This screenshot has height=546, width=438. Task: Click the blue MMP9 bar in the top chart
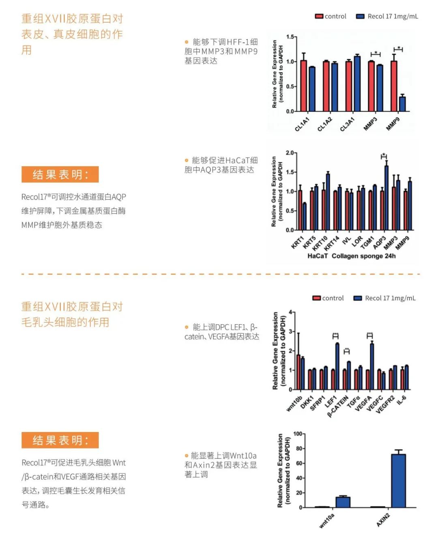click(x=402, y=104)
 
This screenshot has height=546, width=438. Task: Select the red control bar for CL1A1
click(x=303, y=86)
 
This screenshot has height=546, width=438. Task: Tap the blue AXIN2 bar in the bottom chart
click(x=398, y=481)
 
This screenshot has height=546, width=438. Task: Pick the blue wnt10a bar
click(x=343, y=502)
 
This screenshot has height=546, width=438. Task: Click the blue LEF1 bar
click(x=337, y=366)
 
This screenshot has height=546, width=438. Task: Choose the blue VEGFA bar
click(x=372, y=366)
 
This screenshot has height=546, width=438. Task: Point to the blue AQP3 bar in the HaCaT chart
click(x=386, y=198)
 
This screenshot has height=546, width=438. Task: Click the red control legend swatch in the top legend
click(x=319, y=16)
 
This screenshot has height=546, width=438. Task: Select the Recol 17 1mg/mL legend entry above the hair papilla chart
click(x=384, y=298)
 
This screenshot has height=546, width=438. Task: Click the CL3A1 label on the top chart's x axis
click(x=347, y=124)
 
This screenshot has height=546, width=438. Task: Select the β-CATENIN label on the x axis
click(x=338, y=406)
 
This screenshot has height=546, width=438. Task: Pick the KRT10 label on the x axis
click(x=320, y=243)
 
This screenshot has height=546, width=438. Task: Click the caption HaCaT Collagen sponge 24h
click(x=351, y=256)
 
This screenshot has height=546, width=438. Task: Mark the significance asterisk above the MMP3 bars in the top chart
click(x=376, y=53)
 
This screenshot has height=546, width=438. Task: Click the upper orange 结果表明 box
click(x=60, y=174)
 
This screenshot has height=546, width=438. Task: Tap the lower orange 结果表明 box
click(x=60, y=440)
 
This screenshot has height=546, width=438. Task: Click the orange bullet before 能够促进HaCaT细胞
click(x=187, y=161)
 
